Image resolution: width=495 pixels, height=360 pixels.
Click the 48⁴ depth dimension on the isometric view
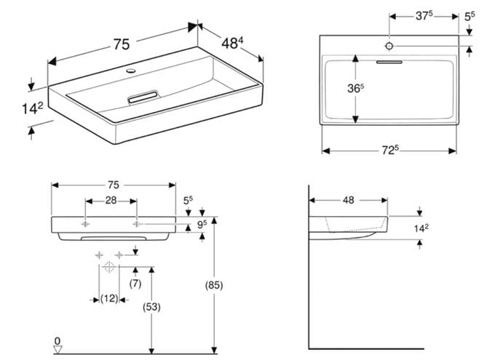pos(232,43)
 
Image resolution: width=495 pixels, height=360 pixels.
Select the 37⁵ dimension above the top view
pos(424,15)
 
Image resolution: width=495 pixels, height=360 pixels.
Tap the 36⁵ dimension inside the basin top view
pos(355,88)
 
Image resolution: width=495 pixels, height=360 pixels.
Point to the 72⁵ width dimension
pos(390,151)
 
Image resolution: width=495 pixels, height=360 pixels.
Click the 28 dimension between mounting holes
pos(111,200)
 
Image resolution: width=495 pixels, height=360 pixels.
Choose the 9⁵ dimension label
pos(202,224)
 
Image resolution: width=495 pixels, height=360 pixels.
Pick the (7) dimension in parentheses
pos(135,284)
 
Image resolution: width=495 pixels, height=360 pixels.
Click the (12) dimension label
pos(109,298)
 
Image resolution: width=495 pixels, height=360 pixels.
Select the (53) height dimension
pos(151,307)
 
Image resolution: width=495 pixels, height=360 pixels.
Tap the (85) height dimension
pos(214,285)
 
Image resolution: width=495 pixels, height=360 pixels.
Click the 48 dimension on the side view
pos(348,200)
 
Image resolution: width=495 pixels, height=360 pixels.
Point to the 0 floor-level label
pos(58,341)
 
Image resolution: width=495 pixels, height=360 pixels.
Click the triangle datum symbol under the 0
pos(58,350)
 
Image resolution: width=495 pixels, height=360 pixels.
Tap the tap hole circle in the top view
pos(389,46)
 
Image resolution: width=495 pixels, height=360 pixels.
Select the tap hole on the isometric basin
pos(131,71)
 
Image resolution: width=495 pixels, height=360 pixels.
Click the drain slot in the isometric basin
pos(143,97)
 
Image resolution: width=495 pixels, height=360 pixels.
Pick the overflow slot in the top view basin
pos(389,62)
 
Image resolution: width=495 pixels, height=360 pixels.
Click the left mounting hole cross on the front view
pos(85,224)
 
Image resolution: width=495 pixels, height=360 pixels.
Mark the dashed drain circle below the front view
pos(109,267)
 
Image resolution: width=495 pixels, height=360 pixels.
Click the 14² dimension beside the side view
pos(421,228)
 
